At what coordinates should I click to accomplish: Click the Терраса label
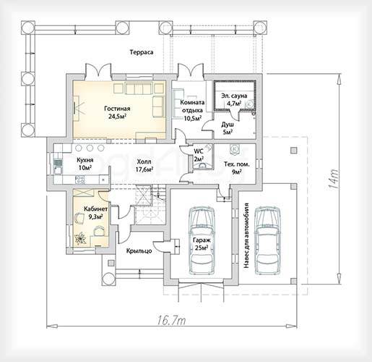pos(142,52)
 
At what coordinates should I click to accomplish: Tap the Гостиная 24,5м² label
pos(117,112)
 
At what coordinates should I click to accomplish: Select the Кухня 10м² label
pos(85,164)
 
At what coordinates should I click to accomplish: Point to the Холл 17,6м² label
pos(144,165)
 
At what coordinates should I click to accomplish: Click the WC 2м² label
pos(199,155)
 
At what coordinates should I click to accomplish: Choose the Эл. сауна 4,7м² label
pos(234,99)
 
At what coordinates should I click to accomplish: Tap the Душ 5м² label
pos(228,128)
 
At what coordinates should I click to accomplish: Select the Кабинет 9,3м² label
pos(95,213)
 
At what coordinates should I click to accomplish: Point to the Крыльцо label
pos(139,251)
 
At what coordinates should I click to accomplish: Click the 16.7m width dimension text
pos(172,321)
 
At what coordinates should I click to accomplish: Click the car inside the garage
pos(202,240)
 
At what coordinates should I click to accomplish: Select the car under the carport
pos(267,240)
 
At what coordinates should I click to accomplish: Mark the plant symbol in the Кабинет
pos(80,238)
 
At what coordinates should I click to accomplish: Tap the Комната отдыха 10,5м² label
pos(192,110)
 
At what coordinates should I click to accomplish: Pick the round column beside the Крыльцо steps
pos(109,279)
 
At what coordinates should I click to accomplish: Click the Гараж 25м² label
pos(202,244)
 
